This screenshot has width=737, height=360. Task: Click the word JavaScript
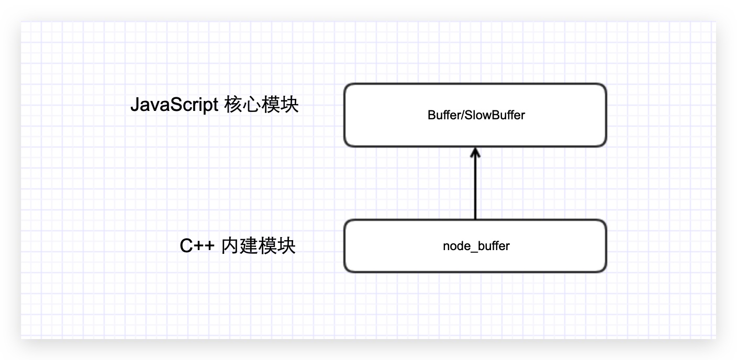tap(174, 105)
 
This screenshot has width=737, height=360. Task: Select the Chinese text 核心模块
tap(261, 105)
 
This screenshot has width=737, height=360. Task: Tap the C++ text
tap(197, 245)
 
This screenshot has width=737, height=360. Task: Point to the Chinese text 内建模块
tap(259, 245)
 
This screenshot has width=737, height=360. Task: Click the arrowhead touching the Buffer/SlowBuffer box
tap(475, 152)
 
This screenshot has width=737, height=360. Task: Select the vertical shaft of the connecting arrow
tap(475, 188)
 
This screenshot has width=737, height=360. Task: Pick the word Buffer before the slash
tap(442, 115)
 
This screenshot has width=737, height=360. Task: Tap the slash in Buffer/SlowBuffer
tap(460, 115)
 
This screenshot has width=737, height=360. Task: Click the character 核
tap(233, 105)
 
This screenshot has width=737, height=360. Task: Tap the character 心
tap(252, 105)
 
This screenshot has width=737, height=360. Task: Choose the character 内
tap(230, 245)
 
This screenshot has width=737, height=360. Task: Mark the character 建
tap(249, 245)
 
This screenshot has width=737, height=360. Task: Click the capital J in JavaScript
tap(135, 105)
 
